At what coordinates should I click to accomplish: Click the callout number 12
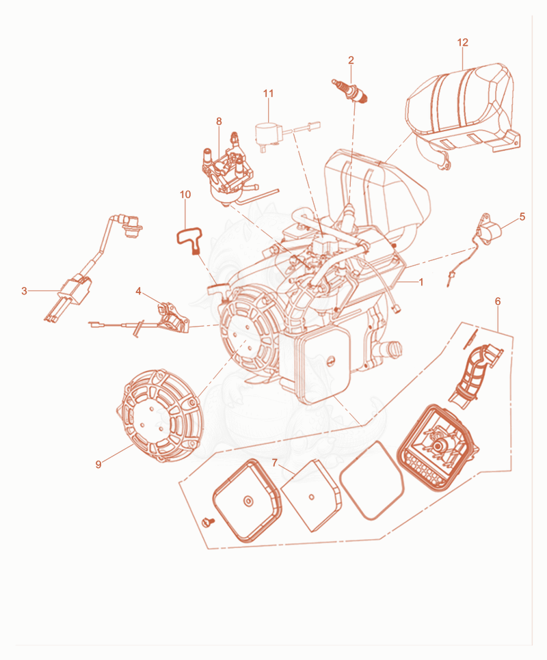(x=462, y=42)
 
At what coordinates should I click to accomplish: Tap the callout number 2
(x=351, y=60)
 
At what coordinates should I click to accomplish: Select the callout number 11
(x=268, y=93)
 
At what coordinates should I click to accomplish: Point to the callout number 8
(x=219, y=121)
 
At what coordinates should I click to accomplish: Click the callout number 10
(x=185, y=195)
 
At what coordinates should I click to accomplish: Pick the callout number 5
(x=522, y=217)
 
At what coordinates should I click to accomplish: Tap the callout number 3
(x=24, y=291)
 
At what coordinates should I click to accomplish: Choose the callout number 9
(x=98, y=465)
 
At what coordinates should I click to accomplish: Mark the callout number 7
(x=275, y=463)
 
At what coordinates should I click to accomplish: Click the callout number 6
(x=498, y=301)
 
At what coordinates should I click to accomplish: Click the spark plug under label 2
(x=350, y=90)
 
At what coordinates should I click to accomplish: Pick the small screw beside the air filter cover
(x=208, y=521)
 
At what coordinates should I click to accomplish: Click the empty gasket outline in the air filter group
(x=372, y=480)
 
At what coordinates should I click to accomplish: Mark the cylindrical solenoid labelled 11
(x=267, y=133)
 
